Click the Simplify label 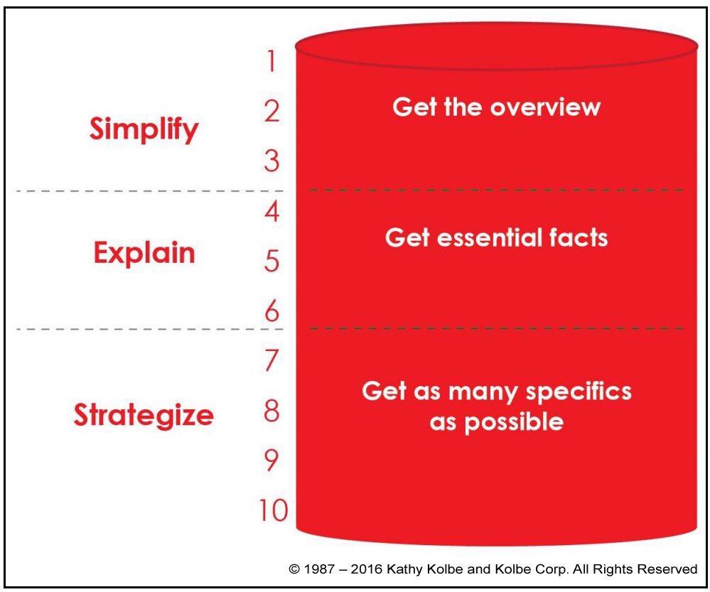click(144, 129)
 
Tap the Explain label click(144, 252)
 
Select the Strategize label click(144, 415)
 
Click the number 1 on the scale click(271, 61)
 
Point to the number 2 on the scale click(271, 111)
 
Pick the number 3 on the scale click(271, 161)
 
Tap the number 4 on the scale click(271, 212)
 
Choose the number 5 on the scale click(271, 262)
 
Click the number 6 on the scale click(271, 311)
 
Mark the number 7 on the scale click(271, 360)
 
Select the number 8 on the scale click(271, 411)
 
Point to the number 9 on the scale click(271, 461)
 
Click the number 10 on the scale click(274, 510)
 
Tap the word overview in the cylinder click(545, 108)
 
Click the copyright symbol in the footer click(294, 569)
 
